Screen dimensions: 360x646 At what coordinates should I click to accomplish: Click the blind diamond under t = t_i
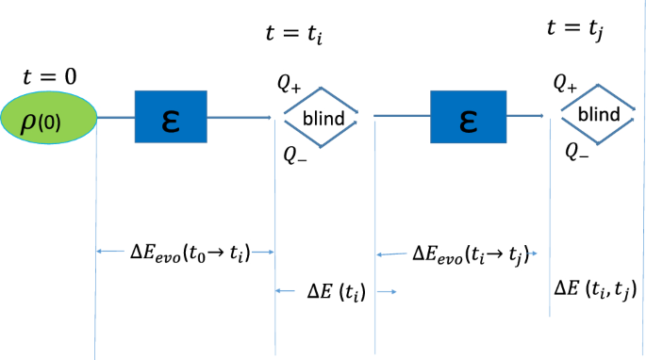(322, 118)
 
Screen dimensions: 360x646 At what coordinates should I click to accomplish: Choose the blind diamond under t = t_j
(598, 114)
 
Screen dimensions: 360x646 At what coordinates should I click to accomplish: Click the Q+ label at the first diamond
(289, 84)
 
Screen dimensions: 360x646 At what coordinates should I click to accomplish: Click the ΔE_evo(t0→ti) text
(190, 252)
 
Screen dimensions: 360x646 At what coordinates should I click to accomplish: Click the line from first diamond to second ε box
(401, 117)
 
